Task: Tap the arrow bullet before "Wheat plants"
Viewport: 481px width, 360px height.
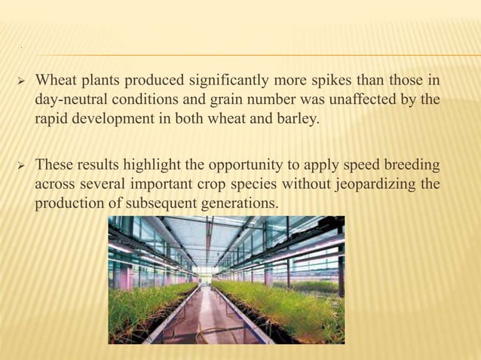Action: pos(22,81)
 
